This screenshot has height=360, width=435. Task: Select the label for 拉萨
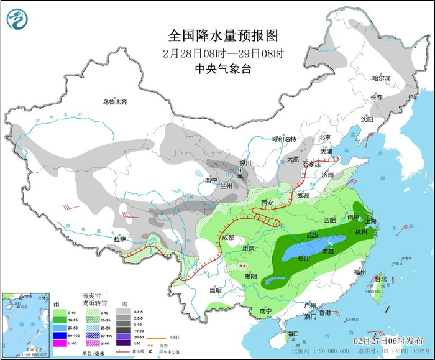click(119, 239)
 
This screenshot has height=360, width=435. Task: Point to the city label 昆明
click(215, 289)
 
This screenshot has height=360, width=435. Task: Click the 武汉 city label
click(313, 234)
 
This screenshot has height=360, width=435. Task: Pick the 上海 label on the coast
click(370, 221)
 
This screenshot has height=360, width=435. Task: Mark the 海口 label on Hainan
click(293, 334)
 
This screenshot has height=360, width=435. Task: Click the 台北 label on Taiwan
click(380, 279)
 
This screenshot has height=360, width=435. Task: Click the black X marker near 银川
click(240, 177)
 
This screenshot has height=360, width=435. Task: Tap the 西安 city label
click(267, 203)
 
